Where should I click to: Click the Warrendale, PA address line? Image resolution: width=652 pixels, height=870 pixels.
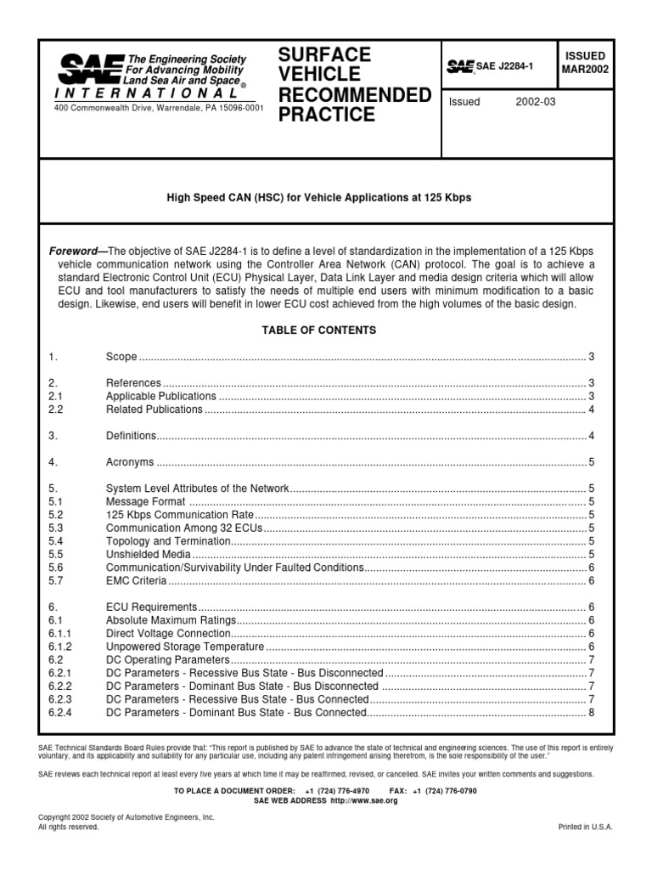point(159,108)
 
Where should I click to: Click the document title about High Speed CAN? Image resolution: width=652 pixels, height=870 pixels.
point(318,197)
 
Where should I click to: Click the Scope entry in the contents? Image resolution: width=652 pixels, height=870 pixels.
point(121,356)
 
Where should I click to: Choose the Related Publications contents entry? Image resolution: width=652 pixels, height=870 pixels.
point(154,410)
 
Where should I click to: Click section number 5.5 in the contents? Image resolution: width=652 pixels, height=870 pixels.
point(56,554)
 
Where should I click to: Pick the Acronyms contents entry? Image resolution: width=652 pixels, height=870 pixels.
point(130,463)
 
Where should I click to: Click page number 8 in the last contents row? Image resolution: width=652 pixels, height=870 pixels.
point(591,712)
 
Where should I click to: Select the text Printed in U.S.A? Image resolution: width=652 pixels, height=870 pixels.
point(585,827)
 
